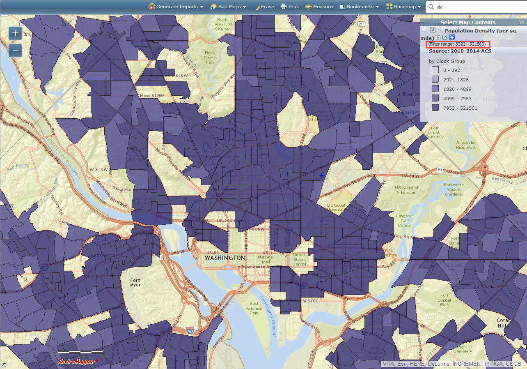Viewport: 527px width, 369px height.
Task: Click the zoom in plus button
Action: (15, 33)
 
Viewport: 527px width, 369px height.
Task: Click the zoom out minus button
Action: (15, 50)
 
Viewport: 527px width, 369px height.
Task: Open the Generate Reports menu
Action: (176, 7)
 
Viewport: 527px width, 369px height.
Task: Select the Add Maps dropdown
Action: (228, 7)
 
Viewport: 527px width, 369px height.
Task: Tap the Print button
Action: (290, 7)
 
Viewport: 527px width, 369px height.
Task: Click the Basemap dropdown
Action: (403, 7)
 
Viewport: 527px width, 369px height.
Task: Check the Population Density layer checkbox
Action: (433, 30)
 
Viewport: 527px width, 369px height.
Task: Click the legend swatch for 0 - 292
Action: (435, 70)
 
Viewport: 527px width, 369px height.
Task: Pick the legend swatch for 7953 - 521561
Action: (435, 108)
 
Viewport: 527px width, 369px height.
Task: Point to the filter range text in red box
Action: (457, 44)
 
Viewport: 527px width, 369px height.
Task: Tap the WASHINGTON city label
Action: (225, 258)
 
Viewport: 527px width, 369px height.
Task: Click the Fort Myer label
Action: (135, 282)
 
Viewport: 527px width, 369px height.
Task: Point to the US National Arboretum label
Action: (406, 190)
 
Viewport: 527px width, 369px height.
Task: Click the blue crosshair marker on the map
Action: (322, 176)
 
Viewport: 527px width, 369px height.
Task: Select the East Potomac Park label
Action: (254, 308)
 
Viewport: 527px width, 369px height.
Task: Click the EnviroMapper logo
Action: (78, 362)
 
